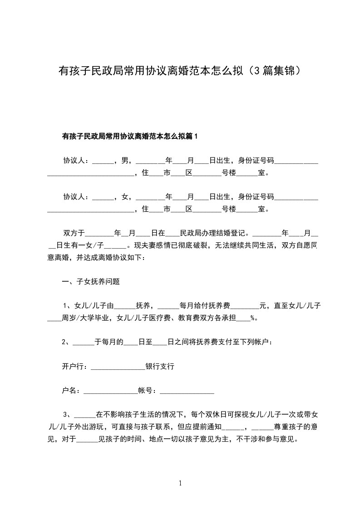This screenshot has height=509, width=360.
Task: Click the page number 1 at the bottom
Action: point(180,483)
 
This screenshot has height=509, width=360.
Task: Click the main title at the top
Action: point(180,71)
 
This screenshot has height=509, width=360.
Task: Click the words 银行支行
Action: point(160,367)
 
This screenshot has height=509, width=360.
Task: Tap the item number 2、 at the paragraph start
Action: point(67,343)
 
